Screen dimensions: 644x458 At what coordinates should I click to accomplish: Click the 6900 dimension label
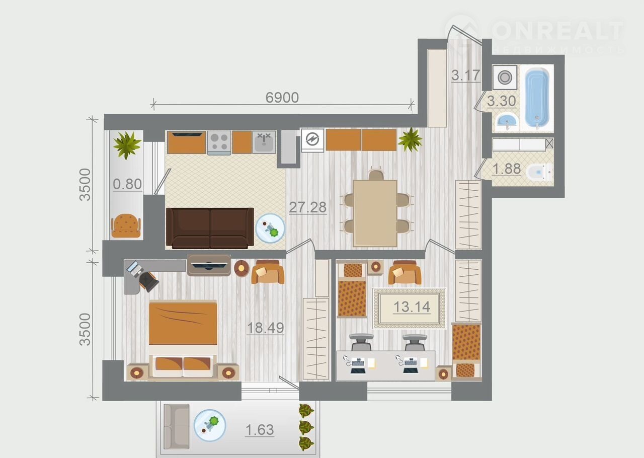282,98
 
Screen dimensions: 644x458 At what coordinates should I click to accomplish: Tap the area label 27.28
307,207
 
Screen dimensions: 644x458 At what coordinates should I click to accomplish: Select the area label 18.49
265,328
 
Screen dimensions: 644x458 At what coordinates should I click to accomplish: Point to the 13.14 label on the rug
412,307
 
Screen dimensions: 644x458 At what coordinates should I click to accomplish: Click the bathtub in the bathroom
537,98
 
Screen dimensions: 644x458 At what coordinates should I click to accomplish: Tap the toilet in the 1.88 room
539,172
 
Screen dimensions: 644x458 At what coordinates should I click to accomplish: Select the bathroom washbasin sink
507,122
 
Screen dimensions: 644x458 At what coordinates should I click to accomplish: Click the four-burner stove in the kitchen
219,143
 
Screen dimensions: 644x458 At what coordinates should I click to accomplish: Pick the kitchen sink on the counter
264,142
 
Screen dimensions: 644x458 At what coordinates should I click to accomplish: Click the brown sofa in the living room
210,228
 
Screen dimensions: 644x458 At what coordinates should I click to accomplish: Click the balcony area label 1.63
259,430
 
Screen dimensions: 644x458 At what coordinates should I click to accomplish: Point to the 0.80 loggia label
127,184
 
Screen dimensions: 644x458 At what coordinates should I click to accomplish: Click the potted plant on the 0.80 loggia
127,145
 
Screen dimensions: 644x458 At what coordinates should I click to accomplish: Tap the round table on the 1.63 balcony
210,425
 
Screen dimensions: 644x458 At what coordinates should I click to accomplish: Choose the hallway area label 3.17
466,75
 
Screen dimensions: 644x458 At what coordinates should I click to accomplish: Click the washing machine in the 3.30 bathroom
505,77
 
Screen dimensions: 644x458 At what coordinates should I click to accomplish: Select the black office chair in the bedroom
148,281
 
